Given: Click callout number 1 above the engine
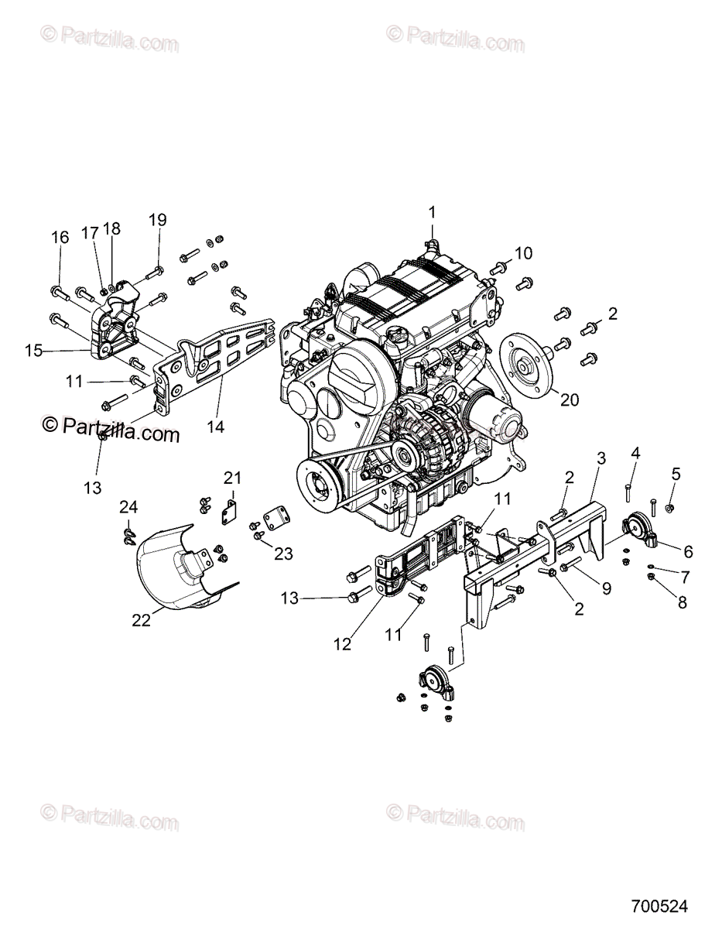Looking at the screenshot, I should click(x=433, y=211).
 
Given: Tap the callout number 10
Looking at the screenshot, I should click(x=524, y=252).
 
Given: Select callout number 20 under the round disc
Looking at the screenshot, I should click(x=570, y=400).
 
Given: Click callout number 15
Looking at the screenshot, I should click(x=33, y=351).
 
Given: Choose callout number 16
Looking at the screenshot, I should click(x=60, y=237).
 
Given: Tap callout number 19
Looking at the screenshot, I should click(x=157, y=220).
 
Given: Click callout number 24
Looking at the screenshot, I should click(x=128, y=507).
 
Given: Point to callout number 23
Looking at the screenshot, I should click(x=285, y=553).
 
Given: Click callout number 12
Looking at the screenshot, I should click(x=342, y=643).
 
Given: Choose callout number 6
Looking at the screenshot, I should click(x=687, y=551).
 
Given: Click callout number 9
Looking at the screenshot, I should click(x=606, y=588).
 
